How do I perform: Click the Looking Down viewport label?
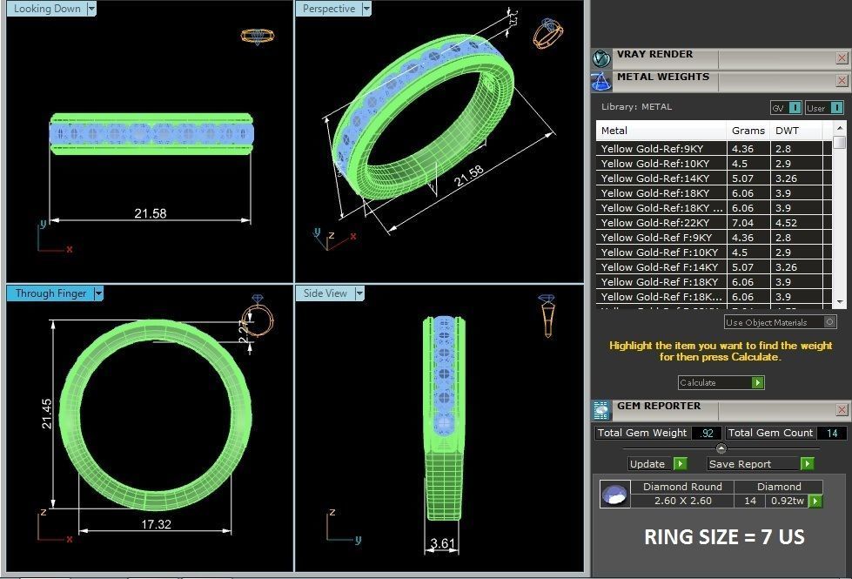click(47, 9)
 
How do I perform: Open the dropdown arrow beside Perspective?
click(366, 9)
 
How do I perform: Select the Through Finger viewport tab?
click(50, 293)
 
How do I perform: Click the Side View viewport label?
click(325, 293)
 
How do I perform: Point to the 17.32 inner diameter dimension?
click(156, 525)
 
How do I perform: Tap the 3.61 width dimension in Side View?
click(444, 544)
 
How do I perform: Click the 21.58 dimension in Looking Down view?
click(150, 212)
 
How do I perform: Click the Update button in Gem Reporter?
click(647, 464)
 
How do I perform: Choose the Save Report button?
click(741, 464)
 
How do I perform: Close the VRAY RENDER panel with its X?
click(842, 57)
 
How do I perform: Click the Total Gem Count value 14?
click(831, 433)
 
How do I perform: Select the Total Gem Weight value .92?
click(706, 433)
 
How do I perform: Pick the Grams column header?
click(748, 131)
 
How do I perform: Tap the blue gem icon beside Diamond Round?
click(615, 495)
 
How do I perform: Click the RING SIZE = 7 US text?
click(724, 537)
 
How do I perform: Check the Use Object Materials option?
click(829, 322)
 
